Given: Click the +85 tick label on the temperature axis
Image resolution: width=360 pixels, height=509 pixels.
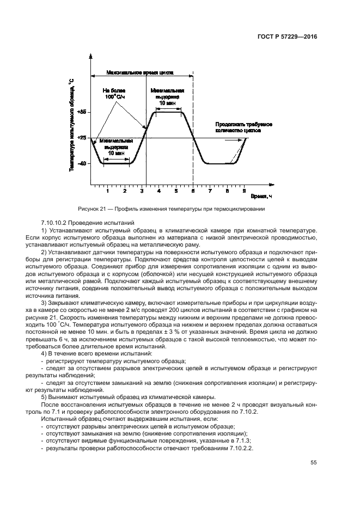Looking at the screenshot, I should coord(82,112).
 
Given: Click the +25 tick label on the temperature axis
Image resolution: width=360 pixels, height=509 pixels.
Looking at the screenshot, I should coord(82,138).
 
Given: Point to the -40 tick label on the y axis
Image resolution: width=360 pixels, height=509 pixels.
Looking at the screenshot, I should coord(83,163).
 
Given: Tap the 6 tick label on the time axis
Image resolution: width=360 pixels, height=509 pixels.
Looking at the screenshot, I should coord(193,192).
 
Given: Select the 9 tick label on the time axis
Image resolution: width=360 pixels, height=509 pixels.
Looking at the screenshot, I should coord(244,192).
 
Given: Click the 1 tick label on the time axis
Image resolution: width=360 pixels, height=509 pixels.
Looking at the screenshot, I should coord(108,192).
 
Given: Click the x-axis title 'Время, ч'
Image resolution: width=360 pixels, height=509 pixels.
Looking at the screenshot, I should coord(265,195).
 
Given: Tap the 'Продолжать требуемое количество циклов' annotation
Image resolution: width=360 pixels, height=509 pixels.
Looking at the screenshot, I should coord(243,128).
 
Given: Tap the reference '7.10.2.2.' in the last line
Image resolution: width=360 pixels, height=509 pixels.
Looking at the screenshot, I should coord(238,447).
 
